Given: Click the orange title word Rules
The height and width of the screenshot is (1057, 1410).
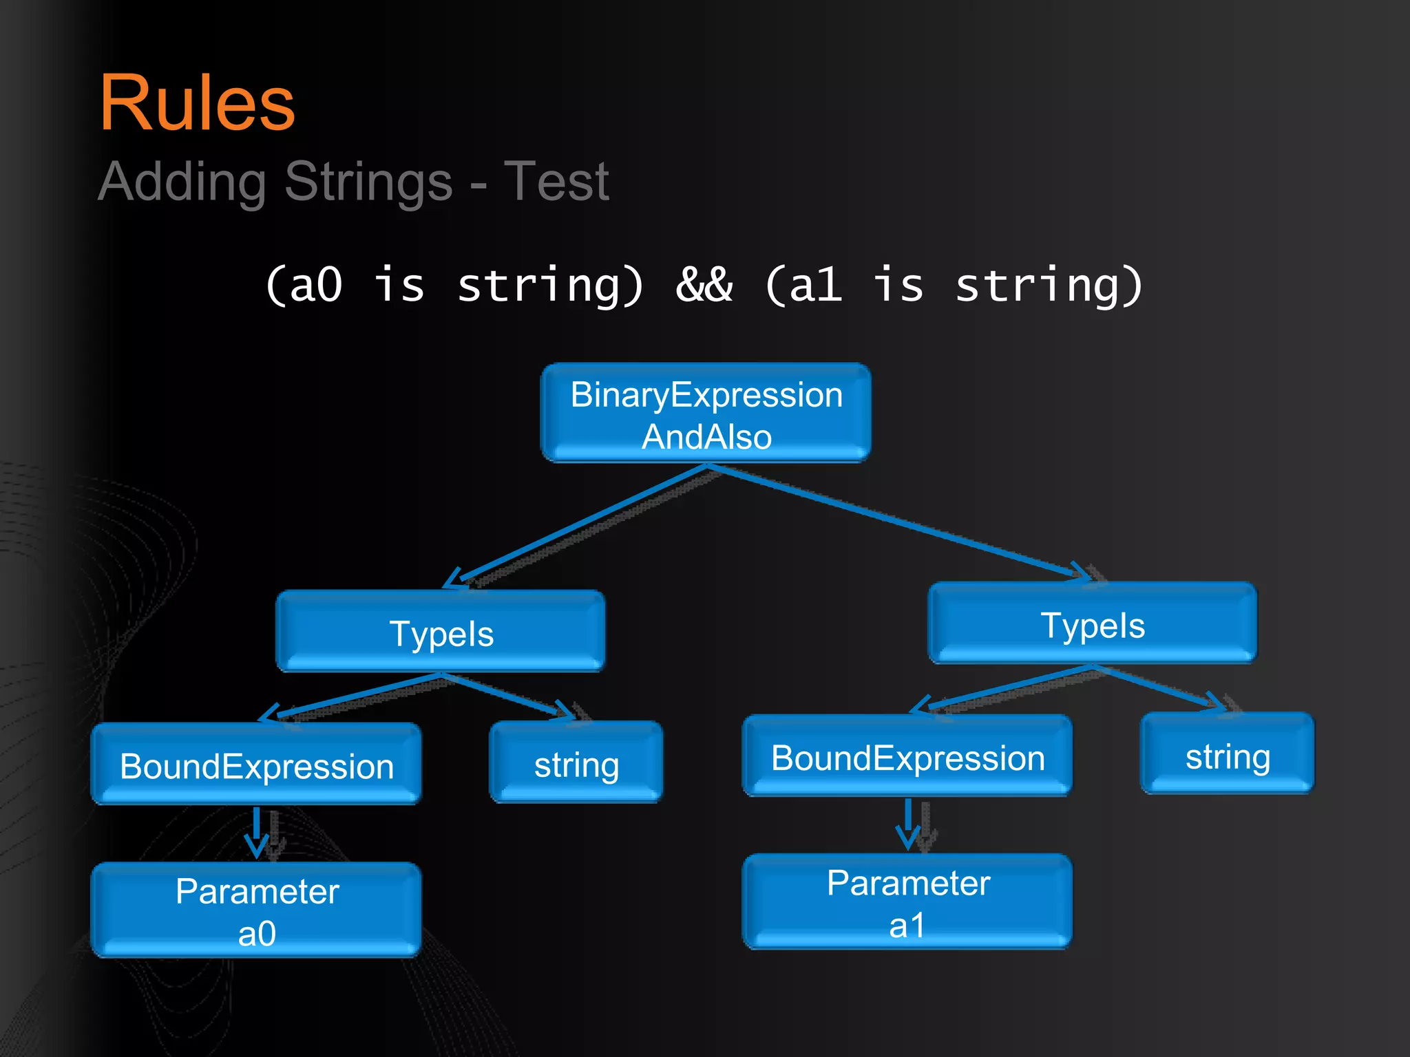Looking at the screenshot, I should point(198,103).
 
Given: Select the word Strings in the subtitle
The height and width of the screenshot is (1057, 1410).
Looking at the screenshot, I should point(368,182).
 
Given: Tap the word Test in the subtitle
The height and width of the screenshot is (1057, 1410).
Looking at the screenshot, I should point(556,182).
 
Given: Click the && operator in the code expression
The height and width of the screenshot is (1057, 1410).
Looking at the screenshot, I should point(704,284).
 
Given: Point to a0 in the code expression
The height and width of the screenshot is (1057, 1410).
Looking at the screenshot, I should point(315,284).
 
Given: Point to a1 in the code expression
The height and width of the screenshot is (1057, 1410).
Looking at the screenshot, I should point(815,284).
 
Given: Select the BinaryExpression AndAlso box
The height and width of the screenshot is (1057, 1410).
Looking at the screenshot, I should point(706,414).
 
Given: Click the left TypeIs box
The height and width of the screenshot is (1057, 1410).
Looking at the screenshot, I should point(441,632).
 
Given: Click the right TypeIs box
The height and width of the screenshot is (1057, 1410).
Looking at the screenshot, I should point(1092,624).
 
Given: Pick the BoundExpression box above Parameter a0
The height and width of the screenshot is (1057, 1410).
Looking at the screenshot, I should point(256,765).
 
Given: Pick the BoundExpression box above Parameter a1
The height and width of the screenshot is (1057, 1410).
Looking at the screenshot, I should point(907,756).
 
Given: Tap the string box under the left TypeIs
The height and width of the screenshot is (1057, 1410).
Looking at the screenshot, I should point(576,763).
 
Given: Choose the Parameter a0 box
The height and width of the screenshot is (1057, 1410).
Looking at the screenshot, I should point(256,910).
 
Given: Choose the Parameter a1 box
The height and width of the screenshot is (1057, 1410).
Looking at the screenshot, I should point(907,902).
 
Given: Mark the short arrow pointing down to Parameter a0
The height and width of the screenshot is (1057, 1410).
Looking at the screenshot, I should point(257,831).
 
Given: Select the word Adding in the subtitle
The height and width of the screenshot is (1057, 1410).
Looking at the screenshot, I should point(182,182).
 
